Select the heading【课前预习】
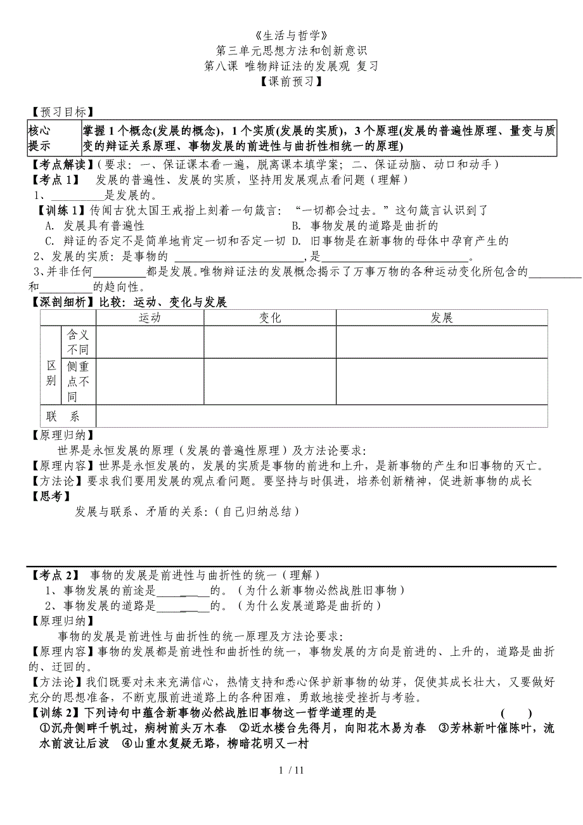(x=291, y=82)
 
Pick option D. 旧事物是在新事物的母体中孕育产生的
(x=400, y=241)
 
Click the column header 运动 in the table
(x=150, y=318)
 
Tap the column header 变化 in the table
(x=270, y=318)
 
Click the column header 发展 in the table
(x=441, y=318)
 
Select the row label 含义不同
(x=78, y=343)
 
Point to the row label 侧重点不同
(x=78, y=381)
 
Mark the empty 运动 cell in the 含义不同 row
(x=150, y=343)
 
